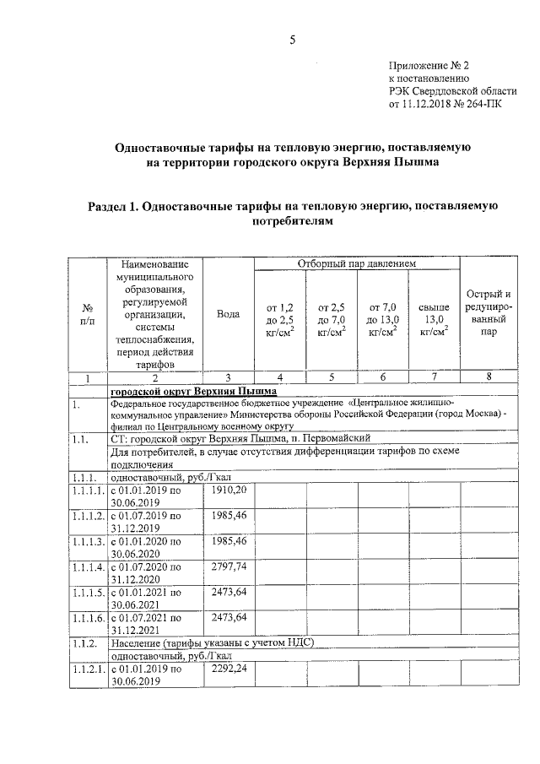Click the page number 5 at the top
(292, 38)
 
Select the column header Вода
(228, 314)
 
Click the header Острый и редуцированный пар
(489, 313)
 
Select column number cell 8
(489, 377)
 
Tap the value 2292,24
(228, 670)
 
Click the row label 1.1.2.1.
(89, 670)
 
